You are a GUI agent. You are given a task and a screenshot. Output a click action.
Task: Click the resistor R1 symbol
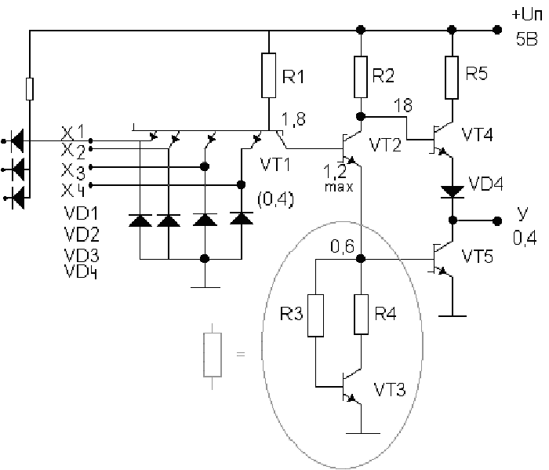(268, 75)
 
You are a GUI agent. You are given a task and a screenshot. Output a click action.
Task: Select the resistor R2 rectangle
(361, 77)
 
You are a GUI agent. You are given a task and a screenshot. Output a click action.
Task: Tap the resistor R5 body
(452, 78)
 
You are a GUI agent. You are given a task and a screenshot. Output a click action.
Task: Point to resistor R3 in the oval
(315, 315)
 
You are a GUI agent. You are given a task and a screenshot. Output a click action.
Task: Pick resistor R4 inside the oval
(361, 315)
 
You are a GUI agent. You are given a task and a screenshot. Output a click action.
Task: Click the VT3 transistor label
(390, 389)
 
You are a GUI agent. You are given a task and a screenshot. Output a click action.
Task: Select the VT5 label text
(477, 257)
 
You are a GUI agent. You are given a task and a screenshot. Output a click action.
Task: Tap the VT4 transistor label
(477, 134)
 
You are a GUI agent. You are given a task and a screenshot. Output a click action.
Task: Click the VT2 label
(385, 144)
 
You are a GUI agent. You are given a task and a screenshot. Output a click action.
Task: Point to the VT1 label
(275, 164)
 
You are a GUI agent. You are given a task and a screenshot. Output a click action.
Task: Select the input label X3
(73, 171)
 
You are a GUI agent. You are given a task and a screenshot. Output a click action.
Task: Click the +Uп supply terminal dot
(496, 30)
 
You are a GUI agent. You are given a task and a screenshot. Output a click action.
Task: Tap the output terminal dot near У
(496, 220)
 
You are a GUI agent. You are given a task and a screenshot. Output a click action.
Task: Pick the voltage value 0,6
(343, 246)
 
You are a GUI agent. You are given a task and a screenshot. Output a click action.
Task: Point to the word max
(339, 187)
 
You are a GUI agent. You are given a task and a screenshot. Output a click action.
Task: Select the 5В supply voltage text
(526, 39)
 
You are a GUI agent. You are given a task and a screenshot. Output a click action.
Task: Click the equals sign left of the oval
(241, 354)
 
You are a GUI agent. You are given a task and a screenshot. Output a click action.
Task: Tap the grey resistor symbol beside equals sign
(213, 355)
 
